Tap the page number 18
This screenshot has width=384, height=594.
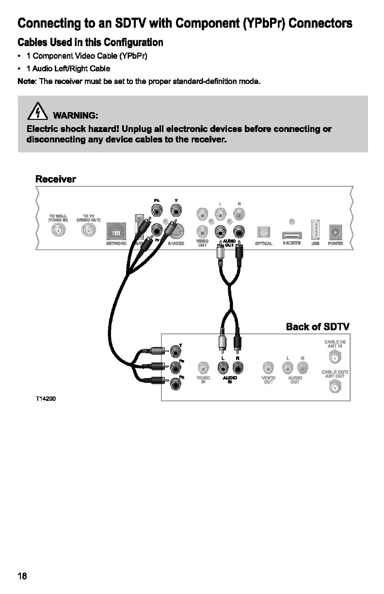[x=22, y=576]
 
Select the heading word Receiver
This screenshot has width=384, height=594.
[x=56, y=179]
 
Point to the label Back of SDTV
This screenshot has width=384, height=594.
[x=318, y=326]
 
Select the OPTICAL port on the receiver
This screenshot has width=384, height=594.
[x=265, y=232]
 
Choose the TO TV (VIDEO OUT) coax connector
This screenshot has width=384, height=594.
[x=89, y=232]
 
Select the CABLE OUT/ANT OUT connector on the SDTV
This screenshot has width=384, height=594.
[x=334, y=387]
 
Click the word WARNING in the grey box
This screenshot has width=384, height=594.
[x=76, y=115]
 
